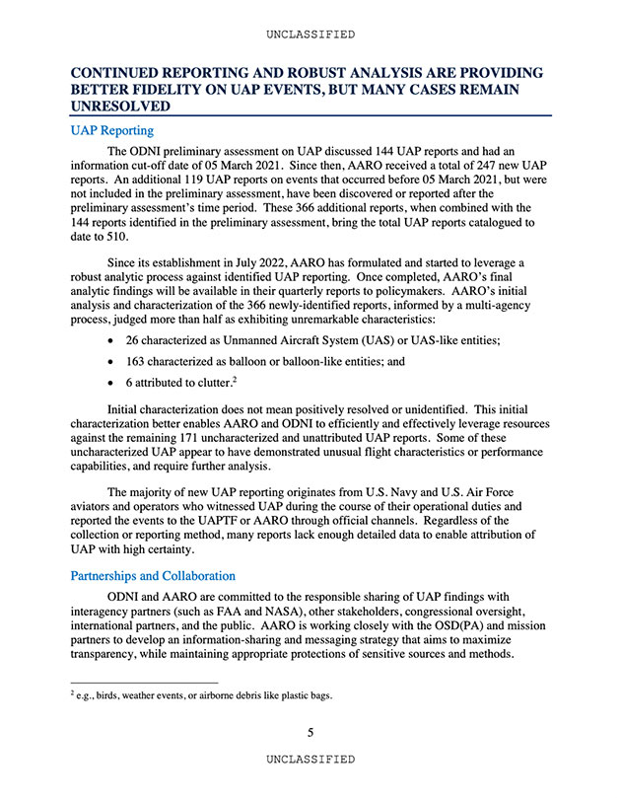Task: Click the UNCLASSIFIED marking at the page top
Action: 310,35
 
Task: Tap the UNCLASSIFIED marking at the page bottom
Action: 310,760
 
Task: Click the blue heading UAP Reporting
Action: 112,129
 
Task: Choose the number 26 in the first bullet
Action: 133,340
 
